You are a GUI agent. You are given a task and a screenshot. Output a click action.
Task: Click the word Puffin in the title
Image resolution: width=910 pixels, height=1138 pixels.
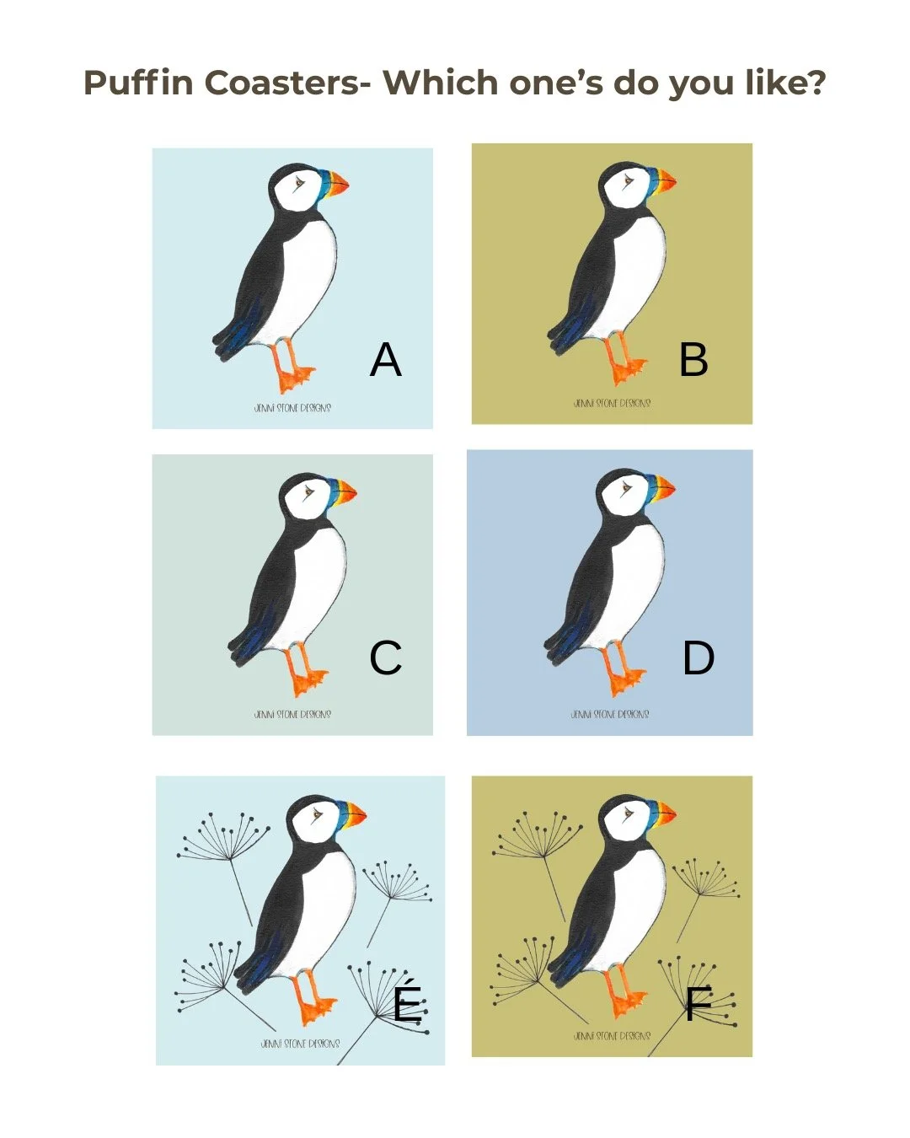(139, 83)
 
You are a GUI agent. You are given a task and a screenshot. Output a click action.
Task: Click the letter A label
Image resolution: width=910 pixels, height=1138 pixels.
(386, 360)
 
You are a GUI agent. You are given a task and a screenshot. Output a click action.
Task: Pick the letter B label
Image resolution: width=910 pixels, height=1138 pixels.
(693, 360)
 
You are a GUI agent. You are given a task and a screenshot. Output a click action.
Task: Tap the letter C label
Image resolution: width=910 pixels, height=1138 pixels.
(386, 658)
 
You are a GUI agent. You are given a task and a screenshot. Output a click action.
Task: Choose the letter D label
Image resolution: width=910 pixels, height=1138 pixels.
(699, 658)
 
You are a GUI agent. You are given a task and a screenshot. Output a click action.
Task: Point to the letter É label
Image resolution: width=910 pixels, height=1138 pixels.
(408, 1002)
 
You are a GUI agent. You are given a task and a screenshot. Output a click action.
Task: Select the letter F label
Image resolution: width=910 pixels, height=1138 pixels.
(698, 1004)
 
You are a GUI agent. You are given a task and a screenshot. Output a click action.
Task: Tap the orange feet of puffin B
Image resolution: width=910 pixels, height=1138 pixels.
(625, 368)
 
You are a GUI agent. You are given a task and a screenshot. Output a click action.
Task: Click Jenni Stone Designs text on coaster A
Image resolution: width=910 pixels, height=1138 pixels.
(292, 408)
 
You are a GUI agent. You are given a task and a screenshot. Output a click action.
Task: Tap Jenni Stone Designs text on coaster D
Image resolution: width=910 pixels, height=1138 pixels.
(609, 715)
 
